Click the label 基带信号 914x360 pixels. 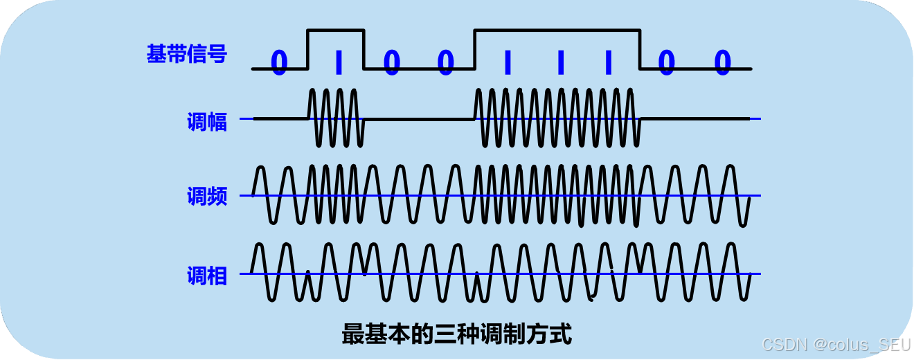pyautogui.click(x=186, y=54)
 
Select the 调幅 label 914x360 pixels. pyautogui.click(x=206, y=122)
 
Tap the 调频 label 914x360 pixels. pyautogui.click(x=206, y=197)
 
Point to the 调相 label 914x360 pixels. pyautogui.click(x=206, y=276)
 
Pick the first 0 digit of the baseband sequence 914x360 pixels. pyautogui.click(x=278, y=63)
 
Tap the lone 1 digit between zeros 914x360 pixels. pyautogui.click(x=338, y=63)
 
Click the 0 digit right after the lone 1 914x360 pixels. pyautogui.click(x=392, y=63)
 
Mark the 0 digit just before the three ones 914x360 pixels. pyautogui.click(x=446, y=63)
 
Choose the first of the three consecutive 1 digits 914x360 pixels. pyautogui.click(x=508, y=63)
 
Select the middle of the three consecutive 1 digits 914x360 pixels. pyautogui.click(x=560, y=63)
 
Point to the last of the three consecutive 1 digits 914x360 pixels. pyautogui.click(x=609, y=63)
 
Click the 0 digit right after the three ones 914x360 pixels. pyautogui.click(x=666, y=63)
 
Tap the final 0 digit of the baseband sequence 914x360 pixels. pyautogui.click(x=722, y=63)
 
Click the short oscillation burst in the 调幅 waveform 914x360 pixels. pyautogui.click(x=336, y=118)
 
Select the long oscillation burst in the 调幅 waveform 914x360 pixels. pyautogui.click(x=557, y=118)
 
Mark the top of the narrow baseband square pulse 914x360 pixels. pyautogui.click(x=336, y=30)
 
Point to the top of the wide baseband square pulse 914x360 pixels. pyautogui.click(x=557, y=30)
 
